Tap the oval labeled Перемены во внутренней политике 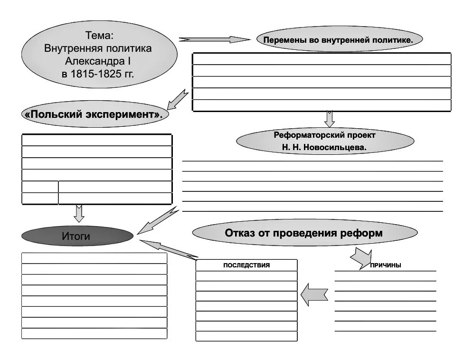(338, 40)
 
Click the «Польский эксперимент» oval (95, 114)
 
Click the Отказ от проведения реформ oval (304, 233)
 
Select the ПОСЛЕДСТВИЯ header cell (246, 265)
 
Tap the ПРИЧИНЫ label (385, 265)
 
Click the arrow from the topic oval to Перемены (214, 39)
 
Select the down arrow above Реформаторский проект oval (330, 119)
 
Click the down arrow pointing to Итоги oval (79, 213)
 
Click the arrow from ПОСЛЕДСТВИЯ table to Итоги (169, 249)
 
